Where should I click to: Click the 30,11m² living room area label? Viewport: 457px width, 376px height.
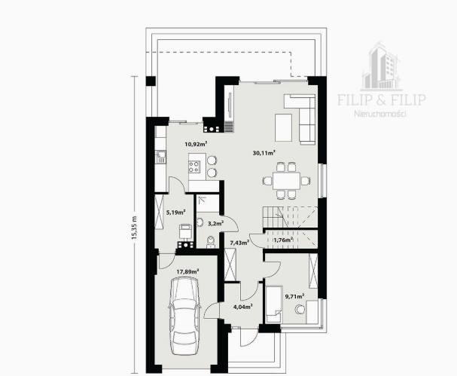pyautogui.click(x=264, y=152)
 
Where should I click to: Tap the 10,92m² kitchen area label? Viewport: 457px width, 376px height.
pyautogui.click(x=196, y=143)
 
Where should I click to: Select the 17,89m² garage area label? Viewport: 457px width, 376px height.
pyautogui.click(x=187, y=271)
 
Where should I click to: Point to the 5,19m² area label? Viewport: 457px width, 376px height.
pyautogui.click(x=176, y=212)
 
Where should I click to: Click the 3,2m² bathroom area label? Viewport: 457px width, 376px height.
pyautogui.click(x=215, y=224)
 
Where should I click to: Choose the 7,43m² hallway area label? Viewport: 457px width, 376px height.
pyautogui.click(x=239, y=243)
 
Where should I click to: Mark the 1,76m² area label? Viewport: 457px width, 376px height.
pyautogui.click(x=283, y=240)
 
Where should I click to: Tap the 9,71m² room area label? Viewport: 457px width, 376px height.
pyautogui.click(x=294, y=296)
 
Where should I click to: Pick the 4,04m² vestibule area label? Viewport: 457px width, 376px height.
pyautogui.click(x=243, y=307)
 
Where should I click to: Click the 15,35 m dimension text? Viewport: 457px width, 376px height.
pyautogui.click(x=134, y=228)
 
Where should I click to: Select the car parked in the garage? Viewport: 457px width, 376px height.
pyautogui.click(x=185, y=316)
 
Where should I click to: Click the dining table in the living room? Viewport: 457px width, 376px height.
pyautogui.click(x=287, y=181)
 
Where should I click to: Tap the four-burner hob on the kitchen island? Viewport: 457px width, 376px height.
pyautogui.click(x=194, y=167)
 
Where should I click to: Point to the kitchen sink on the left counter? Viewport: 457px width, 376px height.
pyautogui.click(x=160, y=157)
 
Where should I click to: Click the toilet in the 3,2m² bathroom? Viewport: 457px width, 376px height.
pyautogui.click(x=210, y=242)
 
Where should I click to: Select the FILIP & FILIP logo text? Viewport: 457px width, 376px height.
pyautogui.click(x=382, y=99)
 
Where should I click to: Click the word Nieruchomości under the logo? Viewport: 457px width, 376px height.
pyautogui.click(x=380, y=114)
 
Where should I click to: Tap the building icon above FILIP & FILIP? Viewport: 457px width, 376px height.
pyautogui.click(x=381, y=67)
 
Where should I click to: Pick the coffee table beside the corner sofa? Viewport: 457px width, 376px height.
pyautogui.click(x=284, y=127)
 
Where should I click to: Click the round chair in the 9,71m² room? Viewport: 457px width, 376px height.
pyautogui.click(x=300, y=310)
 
